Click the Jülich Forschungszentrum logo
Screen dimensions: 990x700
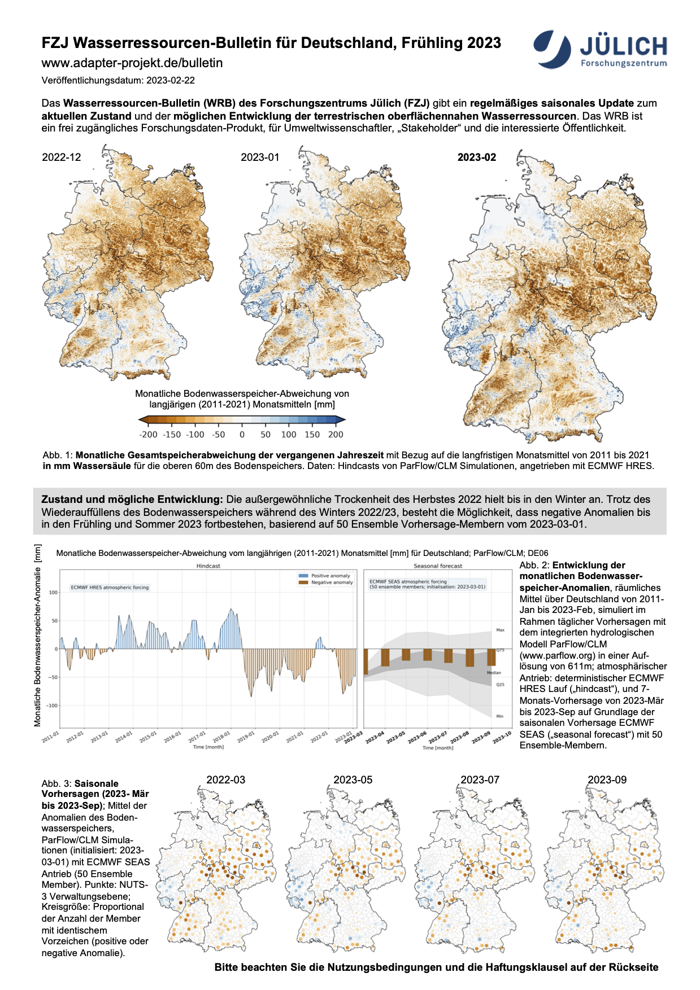[600, 49]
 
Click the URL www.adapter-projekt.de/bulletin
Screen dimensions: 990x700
[132, 63]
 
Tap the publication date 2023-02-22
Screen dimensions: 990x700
[171, 81]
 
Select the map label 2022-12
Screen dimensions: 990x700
[62, 157]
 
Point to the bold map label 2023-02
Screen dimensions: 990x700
[476, 157]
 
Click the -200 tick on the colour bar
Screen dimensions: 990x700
[148, 435]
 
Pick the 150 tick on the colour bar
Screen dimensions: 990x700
[312, 435]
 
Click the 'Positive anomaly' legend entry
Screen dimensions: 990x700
[330, 576]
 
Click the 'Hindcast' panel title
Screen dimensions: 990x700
[208, 566]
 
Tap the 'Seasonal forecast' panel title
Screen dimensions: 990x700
[438, 566]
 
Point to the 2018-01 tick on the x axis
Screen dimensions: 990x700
[221, 737]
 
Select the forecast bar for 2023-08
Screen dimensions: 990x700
[470, 658]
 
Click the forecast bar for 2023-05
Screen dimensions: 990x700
[406, 655]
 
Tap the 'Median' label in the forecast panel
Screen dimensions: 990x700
[494, 673]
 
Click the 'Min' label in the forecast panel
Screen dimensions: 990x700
[499, 716]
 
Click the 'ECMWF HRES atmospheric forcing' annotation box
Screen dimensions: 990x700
[110, 588]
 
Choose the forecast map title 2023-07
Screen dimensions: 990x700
[480, 779]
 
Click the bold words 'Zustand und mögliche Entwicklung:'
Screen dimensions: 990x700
[132, 500]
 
